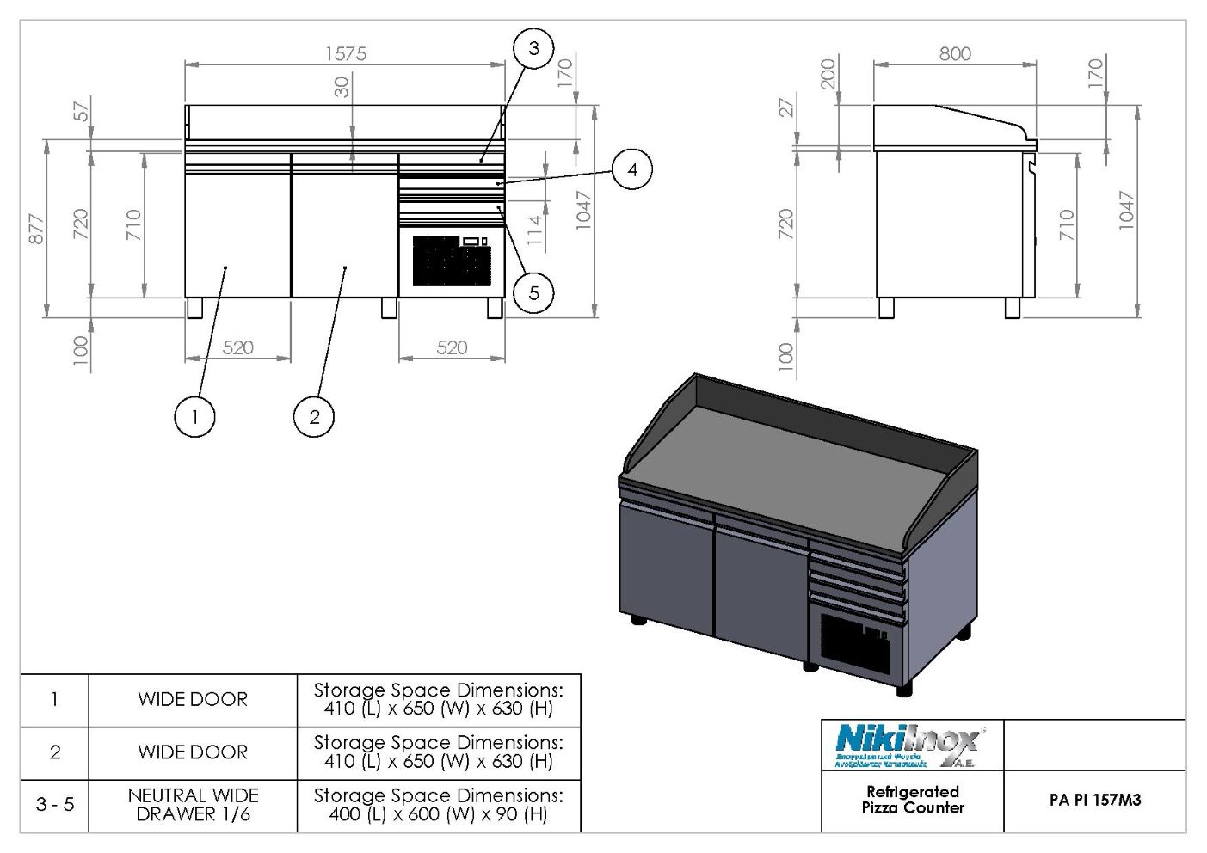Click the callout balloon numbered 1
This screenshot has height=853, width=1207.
194,417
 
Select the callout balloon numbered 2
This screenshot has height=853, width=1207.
314,417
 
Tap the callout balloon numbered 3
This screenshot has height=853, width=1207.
533,48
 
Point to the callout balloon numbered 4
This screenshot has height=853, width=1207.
632,169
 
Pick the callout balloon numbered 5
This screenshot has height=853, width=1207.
533,293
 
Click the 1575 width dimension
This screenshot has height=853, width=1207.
346,53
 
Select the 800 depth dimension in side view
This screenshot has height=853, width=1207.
955,53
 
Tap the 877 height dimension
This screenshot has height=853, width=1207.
36,229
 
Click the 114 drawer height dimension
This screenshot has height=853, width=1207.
535,230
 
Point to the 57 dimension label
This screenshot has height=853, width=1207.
81,111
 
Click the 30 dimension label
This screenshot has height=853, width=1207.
342,87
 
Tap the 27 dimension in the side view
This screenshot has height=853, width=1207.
786,107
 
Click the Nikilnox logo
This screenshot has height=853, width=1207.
908,745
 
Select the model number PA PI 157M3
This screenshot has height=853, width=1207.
1094,800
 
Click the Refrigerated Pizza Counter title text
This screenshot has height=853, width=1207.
913,800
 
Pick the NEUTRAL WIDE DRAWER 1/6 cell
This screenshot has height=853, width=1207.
193,805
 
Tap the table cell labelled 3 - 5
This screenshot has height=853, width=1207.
55,805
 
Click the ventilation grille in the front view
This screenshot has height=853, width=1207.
450,261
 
